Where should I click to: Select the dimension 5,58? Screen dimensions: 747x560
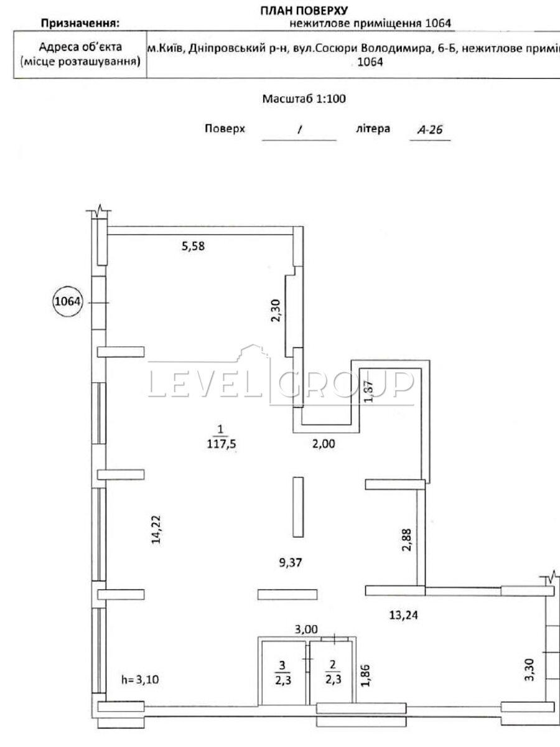pyautogui.click(x=193, y=246)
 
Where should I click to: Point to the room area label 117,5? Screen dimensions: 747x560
pyautogui.click(x=218, y=444)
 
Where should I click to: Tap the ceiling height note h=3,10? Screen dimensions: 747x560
pyautogui.click(x=140, y=680)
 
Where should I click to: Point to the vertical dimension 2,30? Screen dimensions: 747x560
pyautogui.click(x=276, y=309)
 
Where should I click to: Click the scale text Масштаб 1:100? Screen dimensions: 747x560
pyautogui.click(x=304, y=98)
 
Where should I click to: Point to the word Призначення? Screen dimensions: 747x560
pyautogui.click(x=80, y=24)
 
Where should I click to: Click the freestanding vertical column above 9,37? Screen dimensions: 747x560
pyautogui.click(x=298, y=506)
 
